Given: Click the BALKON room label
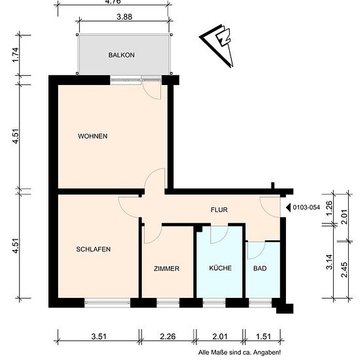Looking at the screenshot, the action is click(x=121, y=55).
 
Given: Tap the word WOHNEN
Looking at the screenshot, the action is click(x=92, y=136).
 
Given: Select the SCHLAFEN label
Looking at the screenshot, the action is click(x=93, y=249).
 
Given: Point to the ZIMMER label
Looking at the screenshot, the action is click(x=166, y=268).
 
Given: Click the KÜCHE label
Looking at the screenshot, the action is click(x=221, y=268).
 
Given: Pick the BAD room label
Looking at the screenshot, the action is click(x=260, y=268).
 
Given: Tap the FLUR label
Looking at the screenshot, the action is click(x=219, y=209).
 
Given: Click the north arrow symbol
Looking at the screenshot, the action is click(x=219, y=45).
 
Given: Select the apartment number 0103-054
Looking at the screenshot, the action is click(x=306, y=207).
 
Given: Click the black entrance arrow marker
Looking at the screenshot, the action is click(x=288, y=207).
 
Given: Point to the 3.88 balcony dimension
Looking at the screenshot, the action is click(x=124, y=17).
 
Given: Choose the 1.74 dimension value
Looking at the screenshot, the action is click(x=16, y=55).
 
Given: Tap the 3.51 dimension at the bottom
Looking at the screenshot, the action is click(x=99, y=336).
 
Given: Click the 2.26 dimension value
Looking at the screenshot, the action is click(x=168, y=336).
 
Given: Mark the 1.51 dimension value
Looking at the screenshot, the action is click(x=263, y=336).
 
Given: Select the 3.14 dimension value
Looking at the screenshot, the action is click(x=329, y=262).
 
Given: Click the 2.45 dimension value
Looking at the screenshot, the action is click(x=344, y=270).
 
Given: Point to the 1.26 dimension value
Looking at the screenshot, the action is click(x=329, y=208).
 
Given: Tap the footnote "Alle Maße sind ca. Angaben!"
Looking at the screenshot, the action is click(x=240, y=352).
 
